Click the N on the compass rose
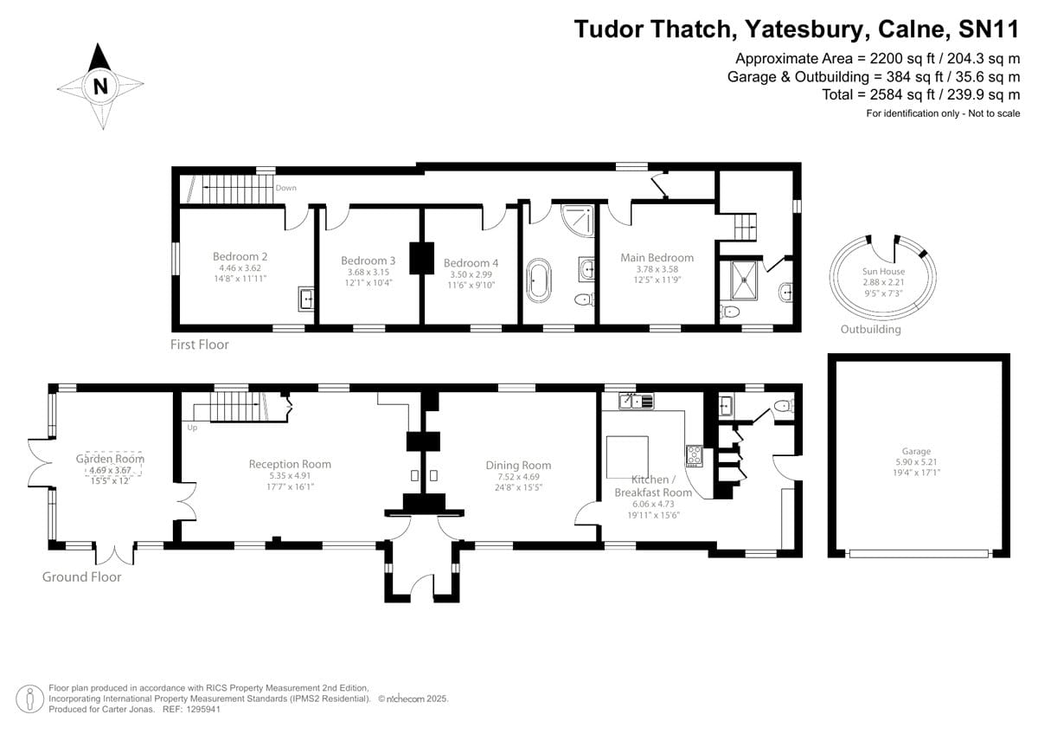(100, 86)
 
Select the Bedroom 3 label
(368, 261)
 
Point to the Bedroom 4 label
(471, 263)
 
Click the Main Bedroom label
(657, 257)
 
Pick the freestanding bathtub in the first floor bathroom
(539, 280)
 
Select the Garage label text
(916, 451)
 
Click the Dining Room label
(518, 465)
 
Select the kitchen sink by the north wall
(635, 401)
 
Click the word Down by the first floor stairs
(285, 188)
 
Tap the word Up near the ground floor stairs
(192, 427)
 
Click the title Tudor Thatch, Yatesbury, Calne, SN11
(797, 29)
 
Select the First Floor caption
(200, 344)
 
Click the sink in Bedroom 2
(306, 299)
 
